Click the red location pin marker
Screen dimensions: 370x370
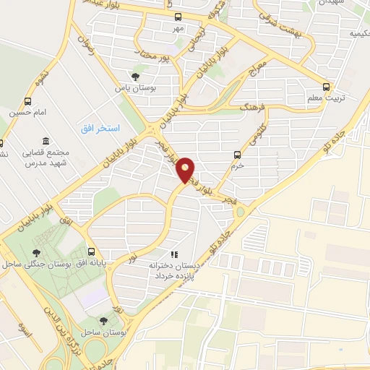click(186, 170)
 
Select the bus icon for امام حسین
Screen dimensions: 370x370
click(28, 101)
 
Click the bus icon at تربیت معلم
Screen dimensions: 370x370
click(327, 86)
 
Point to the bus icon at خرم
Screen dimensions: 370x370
click(237, 154)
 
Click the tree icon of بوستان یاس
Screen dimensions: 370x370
click(134, 77)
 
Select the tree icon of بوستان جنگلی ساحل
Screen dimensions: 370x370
click(35, 252)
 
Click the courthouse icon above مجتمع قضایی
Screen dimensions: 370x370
click(46, 140)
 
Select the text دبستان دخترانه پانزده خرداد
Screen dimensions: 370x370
click(173, 271)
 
